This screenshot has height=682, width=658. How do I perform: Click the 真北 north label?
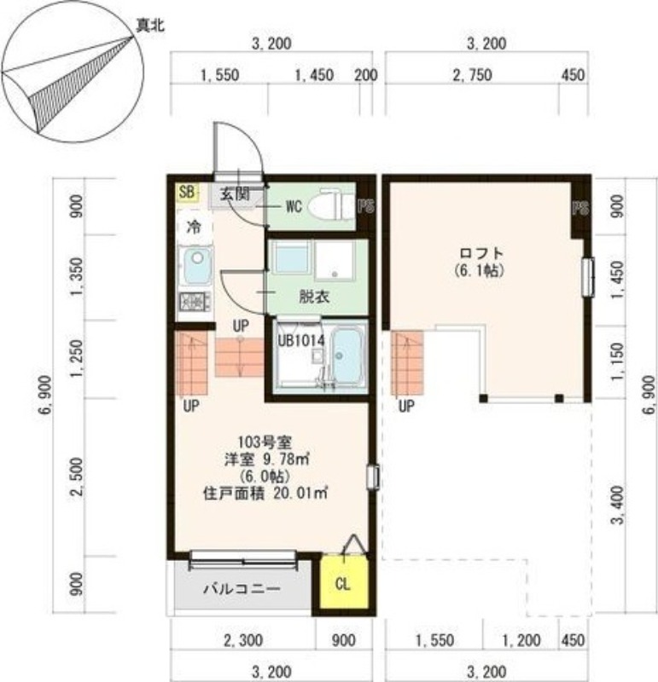149,26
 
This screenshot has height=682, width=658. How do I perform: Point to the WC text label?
294,205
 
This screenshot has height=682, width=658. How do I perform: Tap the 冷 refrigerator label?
194,228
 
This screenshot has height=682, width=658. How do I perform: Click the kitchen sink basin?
195,267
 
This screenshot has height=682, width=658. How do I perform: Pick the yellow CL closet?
342,584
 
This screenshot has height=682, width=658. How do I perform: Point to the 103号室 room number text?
265,442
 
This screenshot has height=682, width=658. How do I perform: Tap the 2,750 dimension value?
472,75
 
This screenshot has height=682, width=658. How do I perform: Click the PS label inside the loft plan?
579,208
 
